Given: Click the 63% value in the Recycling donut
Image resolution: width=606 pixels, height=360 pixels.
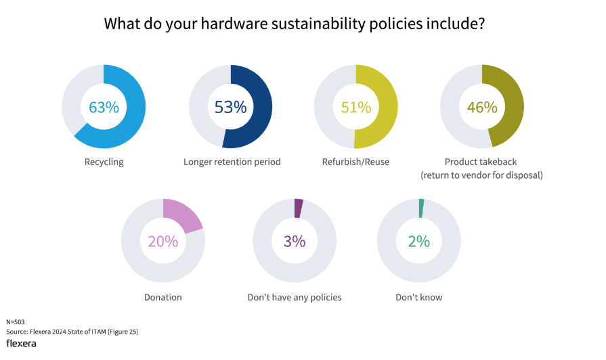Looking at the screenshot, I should coord(104,107).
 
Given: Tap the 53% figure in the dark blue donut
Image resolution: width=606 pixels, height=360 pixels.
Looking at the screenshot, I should coord(230,107).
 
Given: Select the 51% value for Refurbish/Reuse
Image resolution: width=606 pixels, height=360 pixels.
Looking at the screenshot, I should coord(355,107).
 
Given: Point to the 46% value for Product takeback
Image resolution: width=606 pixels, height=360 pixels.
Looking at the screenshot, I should coord(482,107).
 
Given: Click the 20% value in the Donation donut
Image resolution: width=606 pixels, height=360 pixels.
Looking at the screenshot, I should coord(163,241).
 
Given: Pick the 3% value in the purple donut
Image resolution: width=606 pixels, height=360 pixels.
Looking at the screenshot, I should coord(295,241).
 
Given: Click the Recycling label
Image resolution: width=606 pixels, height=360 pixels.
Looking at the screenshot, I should coord(104,162).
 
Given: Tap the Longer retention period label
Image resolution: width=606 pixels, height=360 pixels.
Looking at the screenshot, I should coord(232,162).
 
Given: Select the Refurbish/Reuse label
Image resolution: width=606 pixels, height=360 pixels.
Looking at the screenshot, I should coord(356,162).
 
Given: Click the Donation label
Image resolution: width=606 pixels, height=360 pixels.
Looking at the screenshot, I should coord(163,297).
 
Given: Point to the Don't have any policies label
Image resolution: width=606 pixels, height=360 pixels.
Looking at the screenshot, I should coord(295,297).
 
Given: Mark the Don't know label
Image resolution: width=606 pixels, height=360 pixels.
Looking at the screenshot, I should coord(418,297).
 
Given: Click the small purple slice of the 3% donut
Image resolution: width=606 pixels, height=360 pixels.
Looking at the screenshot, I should coord(299,208).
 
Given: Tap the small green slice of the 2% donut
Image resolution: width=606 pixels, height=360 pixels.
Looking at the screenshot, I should coord(421,208).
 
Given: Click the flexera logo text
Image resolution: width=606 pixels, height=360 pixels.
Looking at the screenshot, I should coord(21,343).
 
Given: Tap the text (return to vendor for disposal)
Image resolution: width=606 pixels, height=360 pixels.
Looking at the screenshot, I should coord(482,175).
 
